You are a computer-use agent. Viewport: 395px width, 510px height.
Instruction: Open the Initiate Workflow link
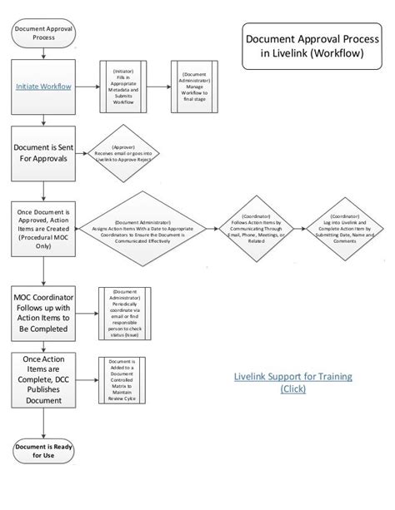point(42,86)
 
